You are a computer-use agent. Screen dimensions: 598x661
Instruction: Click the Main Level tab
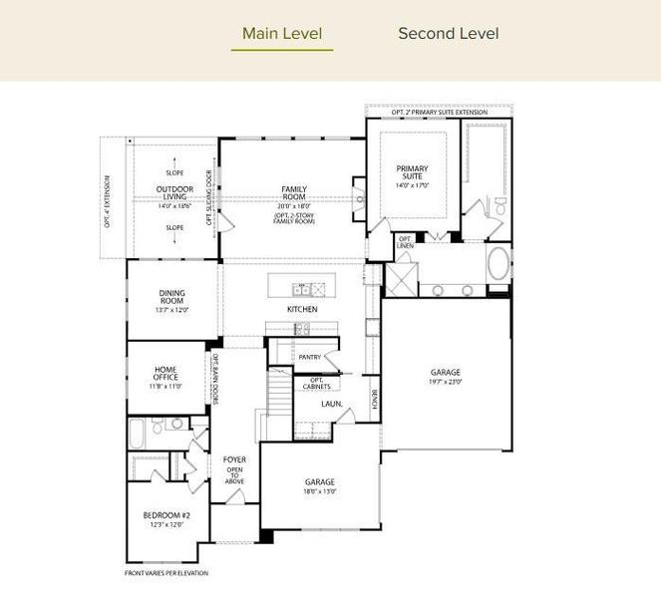282,33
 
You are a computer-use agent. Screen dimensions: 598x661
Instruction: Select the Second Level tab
448,33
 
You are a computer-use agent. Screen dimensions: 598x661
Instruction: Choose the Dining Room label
171,298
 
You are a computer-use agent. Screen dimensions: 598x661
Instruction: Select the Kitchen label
302,310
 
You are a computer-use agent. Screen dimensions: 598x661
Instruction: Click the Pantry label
309,356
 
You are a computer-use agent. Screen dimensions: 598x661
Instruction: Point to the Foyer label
234,459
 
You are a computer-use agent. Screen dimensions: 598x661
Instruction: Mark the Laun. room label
332,404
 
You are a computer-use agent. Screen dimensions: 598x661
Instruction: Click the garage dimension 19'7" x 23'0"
446,382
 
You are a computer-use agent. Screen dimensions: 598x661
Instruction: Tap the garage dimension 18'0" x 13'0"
320,490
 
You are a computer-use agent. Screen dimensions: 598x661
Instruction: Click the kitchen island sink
300,289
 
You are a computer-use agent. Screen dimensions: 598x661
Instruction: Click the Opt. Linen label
406,241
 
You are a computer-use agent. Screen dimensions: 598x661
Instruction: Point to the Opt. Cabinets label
316,383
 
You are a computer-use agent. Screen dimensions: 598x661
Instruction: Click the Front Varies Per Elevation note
166,573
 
